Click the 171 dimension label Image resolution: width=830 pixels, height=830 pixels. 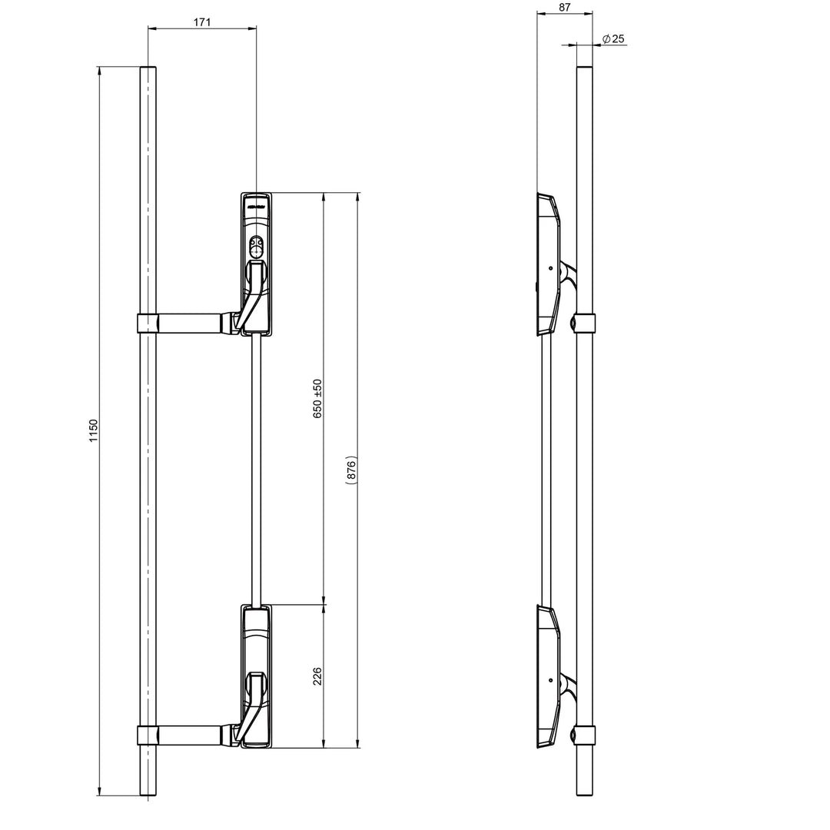tap(201, 22)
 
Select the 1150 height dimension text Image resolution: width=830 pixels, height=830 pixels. tap(94, 430)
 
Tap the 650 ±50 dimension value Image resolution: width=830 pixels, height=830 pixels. tap(317, 398)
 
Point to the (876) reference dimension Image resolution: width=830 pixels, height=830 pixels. tap(351, 470)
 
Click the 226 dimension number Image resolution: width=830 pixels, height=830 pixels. tap(317, 676)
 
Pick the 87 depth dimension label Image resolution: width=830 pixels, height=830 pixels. tap(565, 7)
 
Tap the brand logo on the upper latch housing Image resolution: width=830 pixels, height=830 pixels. tap(256, 206)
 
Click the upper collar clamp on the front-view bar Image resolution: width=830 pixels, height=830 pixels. tap(148, 324)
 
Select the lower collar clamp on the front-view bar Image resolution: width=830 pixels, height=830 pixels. tap(148, 735)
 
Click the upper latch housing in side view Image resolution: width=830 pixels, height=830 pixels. tap(548, 261)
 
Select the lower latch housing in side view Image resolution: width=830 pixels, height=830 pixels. tap(548, 676)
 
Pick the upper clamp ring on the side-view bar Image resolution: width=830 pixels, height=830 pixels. tap(584, 324)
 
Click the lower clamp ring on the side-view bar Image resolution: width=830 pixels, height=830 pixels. tap(584, 735)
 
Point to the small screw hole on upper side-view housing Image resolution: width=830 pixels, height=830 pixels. tap(551, 268)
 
